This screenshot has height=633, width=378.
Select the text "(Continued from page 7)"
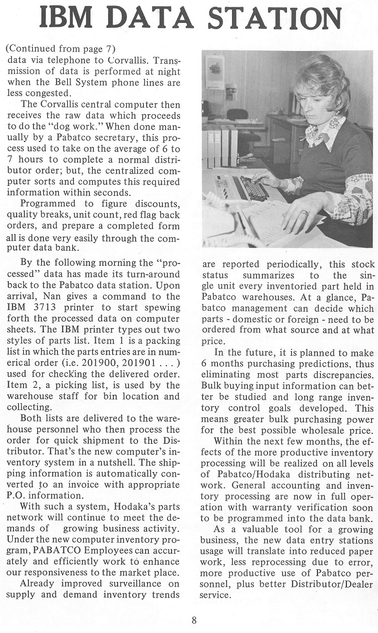pyautogui.click(x=61, y=49)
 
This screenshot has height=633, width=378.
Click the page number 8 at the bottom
pyautogui.click(x=194, y=620)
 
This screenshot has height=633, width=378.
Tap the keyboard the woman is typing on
pyautogui.click(x=252, y=189)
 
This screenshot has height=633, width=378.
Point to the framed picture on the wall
pyautogui.click(x=215, y=73)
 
